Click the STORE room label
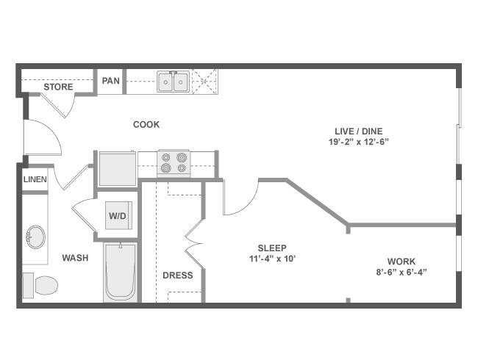(58, 87)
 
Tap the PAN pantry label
(110, 81)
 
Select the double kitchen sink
(173, 82)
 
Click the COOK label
(146, 124)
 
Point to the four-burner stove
(174, 163)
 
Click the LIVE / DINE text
(359, 131)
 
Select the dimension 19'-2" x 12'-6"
(359, 142)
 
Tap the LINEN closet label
(35, 179)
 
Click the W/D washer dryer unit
(118, 215)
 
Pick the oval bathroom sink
(35, 237)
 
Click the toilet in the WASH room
(40, 285)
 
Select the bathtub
(120, 272)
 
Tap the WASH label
(75, 258)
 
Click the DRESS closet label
(178, 275)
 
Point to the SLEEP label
(272, 248)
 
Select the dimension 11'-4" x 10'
(273, 259)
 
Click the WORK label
(402, 262)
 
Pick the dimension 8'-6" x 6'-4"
(402, 272)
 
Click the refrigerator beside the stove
(118, 168)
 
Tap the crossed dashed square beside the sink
(204, 82)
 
